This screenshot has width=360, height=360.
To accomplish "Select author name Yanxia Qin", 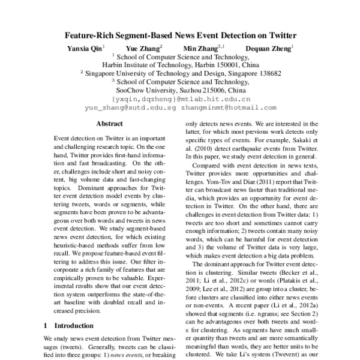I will click(84, 47).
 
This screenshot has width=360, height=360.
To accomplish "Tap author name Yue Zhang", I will click(142, 47).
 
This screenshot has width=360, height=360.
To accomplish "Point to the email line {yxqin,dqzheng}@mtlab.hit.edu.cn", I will click(181, 99).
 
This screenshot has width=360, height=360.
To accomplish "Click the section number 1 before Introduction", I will click(46, 325).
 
